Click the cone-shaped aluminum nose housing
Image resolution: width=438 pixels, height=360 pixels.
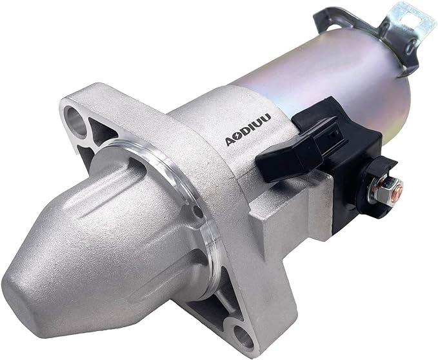(x=97, y=239)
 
